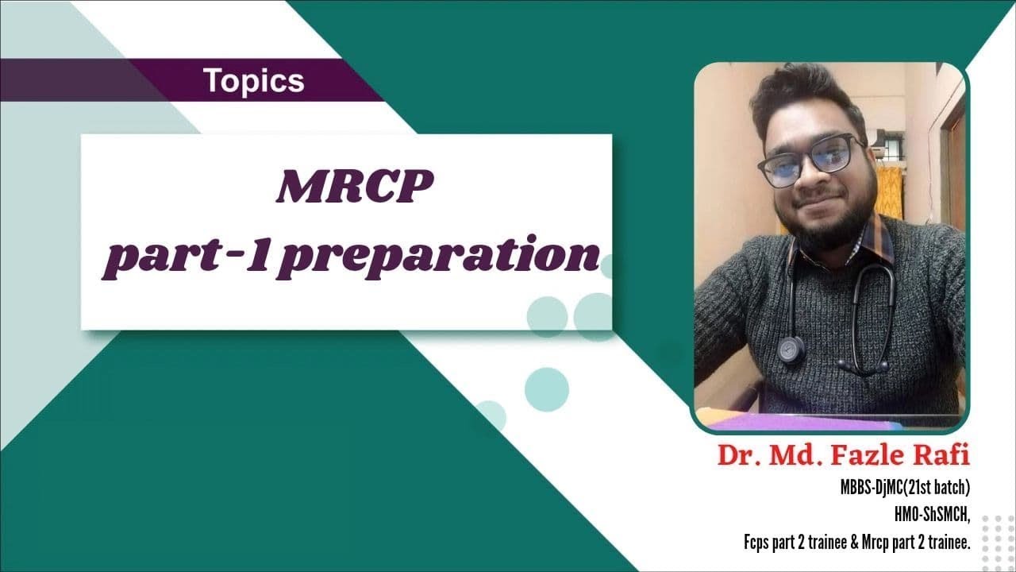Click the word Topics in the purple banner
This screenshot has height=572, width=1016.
[253, 80]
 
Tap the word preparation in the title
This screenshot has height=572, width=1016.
[441, 255]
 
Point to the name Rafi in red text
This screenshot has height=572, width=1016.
[941, 456]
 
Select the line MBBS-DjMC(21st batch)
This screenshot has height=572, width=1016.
[905, 487]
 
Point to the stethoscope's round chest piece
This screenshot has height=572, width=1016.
[791, 349]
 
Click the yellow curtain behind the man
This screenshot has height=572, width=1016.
[891, 191]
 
